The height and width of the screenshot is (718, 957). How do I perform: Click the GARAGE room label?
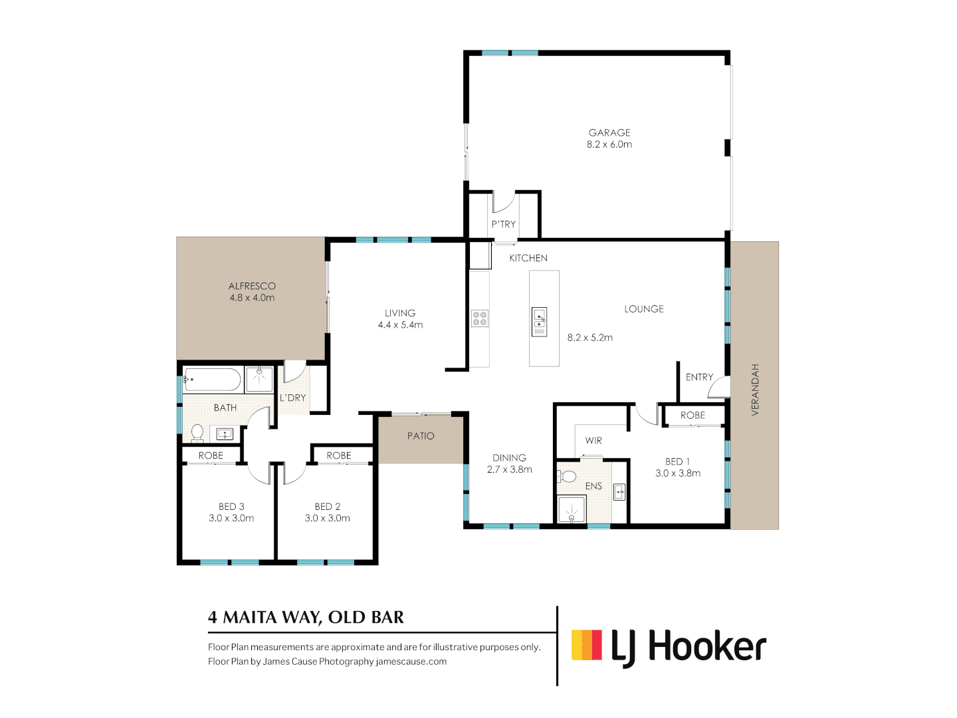coord(609,133)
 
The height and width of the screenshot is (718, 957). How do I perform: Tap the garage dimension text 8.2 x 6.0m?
coord(609,144)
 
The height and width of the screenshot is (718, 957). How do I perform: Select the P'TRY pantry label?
coord(503,224)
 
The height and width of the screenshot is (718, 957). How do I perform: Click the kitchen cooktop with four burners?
coord(480,318)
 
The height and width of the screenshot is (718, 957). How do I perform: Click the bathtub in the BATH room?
coord(212,380)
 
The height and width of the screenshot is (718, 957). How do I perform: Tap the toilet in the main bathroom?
coord(197,433)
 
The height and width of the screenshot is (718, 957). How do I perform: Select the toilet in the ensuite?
coord(568,477)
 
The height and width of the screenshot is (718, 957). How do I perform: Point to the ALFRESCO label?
coord(252,287)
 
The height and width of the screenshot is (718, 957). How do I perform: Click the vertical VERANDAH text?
coord(754,390)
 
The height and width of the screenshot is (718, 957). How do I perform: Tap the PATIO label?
coord(421,436)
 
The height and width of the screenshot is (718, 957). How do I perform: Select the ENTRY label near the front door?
coord(699,377)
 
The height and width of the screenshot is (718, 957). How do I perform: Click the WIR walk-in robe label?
coord(593,441)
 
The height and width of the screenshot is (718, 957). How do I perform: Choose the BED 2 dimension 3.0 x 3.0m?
coord(327,519)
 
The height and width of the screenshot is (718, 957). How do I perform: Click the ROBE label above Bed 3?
coord(211,455)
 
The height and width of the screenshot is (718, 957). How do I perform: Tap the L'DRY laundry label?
coord(292,398)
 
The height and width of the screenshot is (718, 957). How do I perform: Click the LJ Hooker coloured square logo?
coord(587,645)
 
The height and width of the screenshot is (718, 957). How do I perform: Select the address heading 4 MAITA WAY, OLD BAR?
coord(306,618)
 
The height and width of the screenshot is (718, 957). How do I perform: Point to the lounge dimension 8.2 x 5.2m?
coord(589,338)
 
